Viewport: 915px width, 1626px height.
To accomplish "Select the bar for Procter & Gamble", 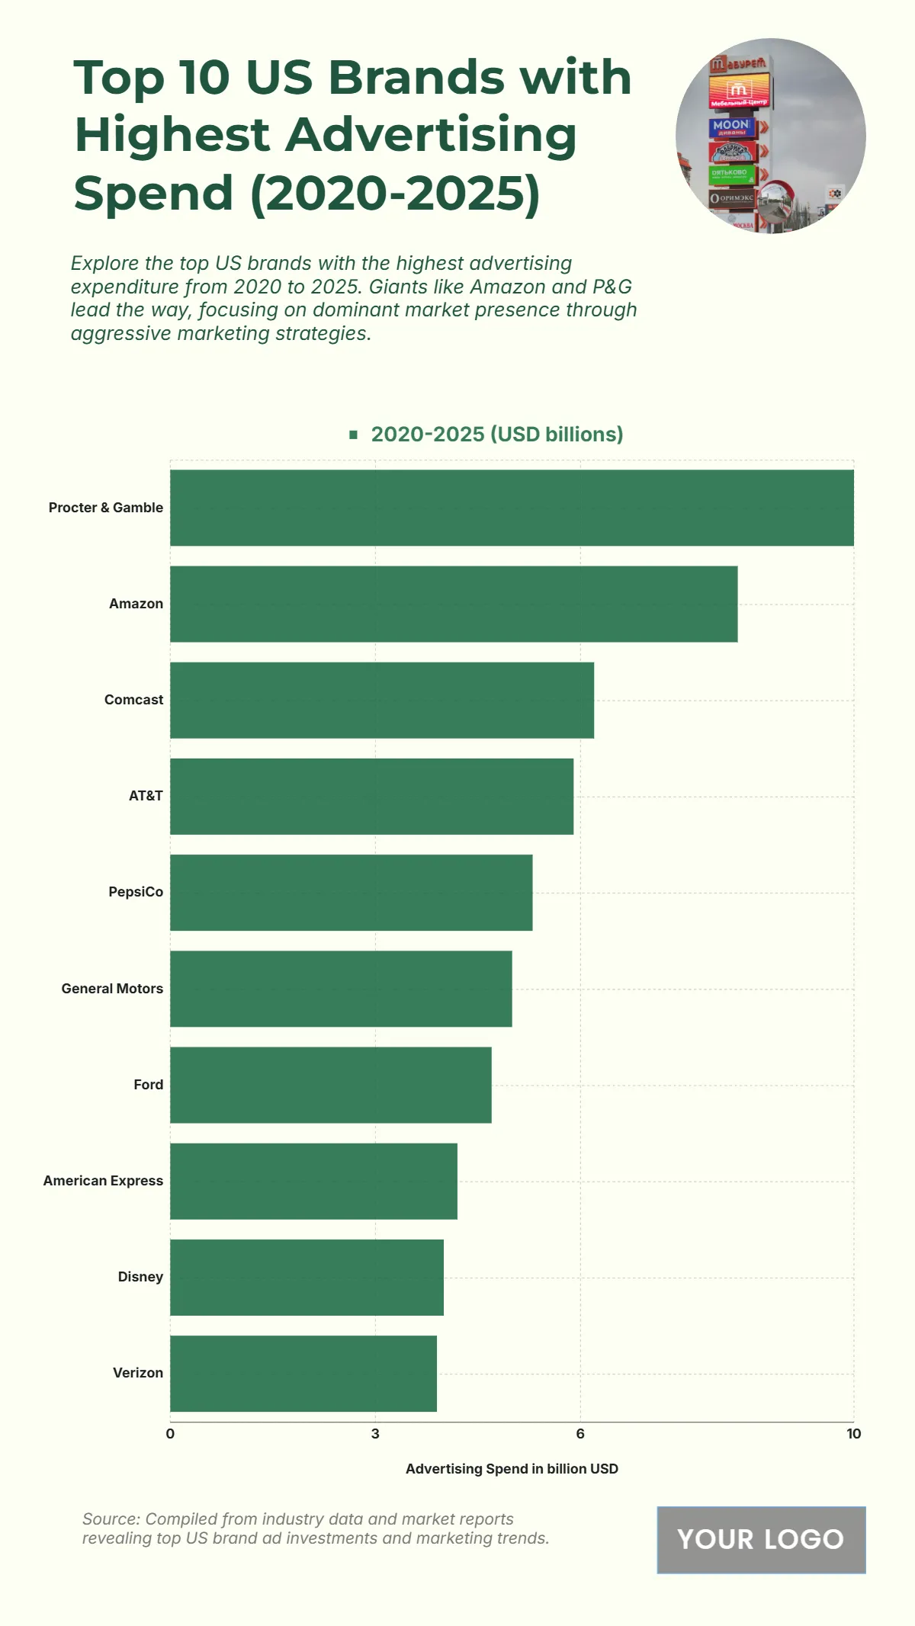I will click(x=512, y=508).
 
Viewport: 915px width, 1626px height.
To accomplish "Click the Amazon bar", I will click(x=454, y=604).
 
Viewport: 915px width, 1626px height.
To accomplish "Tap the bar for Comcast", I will click(x=382, y=700).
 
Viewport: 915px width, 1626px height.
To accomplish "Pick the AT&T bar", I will click(x=371, y=796).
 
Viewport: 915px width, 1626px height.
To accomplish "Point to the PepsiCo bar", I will click(x=351, y=892).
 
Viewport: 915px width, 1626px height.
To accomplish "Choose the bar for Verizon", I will click(x=303, y=1373).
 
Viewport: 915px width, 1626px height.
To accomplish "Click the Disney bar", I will click(x=307, y=1277).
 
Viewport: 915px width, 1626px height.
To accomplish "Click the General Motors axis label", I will click(x=112, y=989).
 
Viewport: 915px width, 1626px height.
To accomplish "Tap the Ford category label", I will click(x=148, y=1085).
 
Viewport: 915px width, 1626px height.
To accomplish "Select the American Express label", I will click(x=103, y=1181).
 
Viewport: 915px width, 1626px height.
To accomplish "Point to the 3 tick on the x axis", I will click(x=375, y=1434).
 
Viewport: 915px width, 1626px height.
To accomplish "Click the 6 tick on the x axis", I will click(x=580, y=1434).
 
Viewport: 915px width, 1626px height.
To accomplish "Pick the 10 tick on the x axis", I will click(x=853, y=1434).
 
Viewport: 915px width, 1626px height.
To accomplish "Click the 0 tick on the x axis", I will click(x=170, y=1434).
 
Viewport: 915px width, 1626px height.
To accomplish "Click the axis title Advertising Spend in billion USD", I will click(x=512, y=1469).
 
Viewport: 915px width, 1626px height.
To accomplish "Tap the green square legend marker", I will click(x=353, y=435).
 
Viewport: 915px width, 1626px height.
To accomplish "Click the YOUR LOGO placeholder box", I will click(x=761, y=1540).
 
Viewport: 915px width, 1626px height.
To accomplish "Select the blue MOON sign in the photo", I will click(x=730, y=126).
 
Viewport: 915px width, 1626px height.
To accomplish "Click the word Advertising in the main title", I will click(x=431, y=135).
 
